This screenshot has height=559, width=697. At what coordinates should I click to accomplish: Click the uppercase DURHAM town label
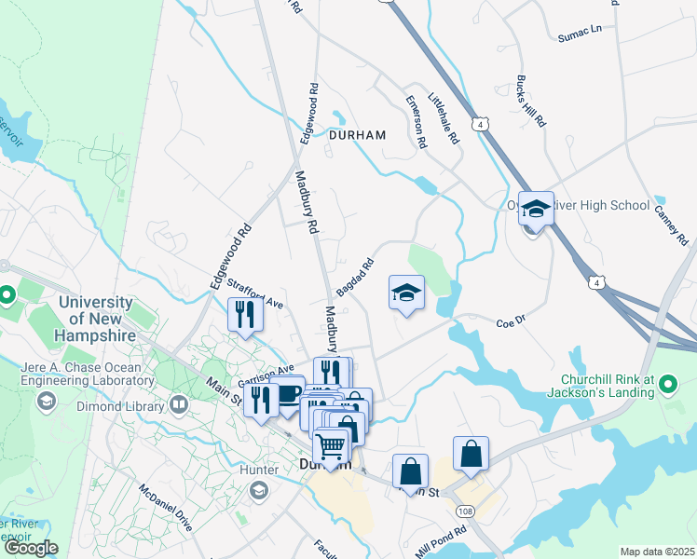point(357,135)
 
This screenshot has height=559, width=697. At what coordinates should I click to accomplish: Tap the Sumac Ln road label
point(580,34)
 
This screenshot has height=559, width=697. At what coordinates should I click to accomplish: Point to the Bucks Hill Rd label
point(531,101)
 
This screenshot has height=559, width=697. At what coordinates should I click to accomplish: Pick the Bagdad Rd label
point(354,278)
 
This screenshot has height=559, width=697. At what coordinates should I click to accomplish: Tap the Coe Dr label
point(512,324)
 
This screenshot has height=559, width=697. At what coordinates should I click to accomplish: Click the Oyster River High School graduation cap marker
point(536,208)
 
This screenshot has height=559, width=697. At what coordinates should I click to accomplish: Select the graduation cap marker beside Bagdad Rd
point(406,293)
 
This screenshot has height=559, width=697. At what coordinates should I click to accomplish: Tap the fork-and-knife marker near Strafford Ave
point(246,314)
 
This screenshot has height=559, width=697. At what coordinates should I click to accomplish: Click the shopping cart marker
point(331,447)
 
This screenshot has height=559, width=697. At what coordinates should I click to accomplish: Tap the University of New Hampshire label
point(97,318)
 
